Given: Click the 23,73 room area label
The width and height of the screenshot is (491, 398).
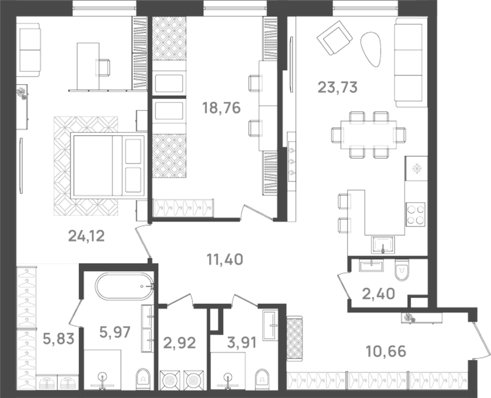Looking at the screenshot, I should [337, 87].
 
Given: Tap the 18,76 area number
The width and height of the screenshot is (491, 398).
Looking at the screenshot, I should [221, 108].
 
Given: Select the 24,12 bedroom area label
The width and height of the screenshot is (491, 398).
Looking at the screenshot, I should [86, 236].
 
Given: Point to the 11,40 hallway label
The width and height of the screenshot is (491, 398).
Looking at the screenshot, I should [225, 259].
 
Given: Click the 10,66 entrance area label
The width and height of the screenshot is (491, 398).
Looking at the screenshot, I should [386, 351].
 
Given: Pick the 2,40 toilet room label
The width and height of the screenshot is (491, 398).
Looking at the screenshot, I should [378, 294].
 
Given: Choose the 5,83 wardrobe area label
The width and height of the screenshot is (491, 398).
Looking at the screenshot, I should [58, 338].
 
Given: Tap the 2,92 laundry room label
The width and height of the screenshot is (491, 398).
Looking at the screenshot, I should [179, 343].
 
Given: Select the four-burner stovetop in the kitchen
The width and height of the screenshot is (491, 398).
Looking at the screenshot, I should [416, 214].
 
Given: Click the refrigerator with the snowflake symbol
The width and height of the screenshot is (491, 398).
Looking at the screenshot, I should [416, 168].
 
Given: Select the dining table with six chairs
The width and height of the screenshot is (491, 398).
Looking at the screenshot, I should [368, 134].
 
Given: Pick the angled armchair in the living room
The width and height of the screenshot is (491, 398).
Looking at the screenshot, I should [334, 38].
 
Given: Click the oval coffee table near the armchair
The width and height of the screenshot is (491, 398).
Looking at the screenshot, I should [371, 49].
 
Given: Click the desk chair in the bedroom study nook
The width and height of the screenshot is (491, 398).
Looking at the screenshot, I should [103, 68].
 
